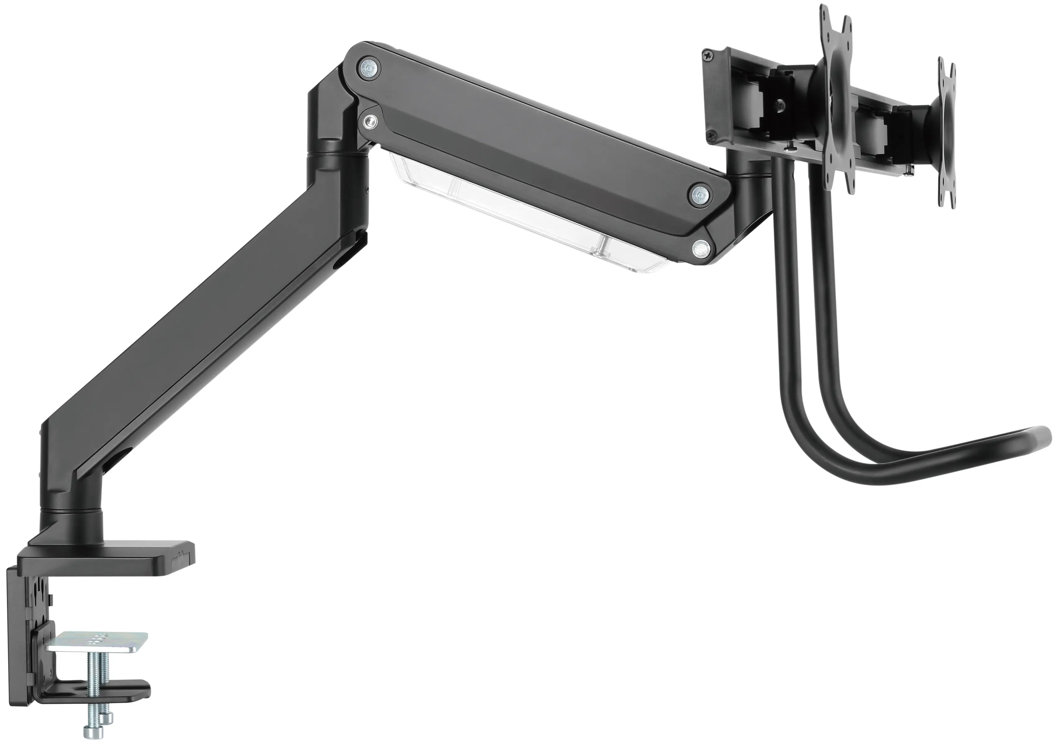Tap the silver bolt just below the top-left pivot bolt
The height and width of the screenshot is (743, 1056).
[370, 121]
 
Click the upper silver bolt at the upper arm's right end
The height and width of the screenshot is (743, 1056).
[699, 195]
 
